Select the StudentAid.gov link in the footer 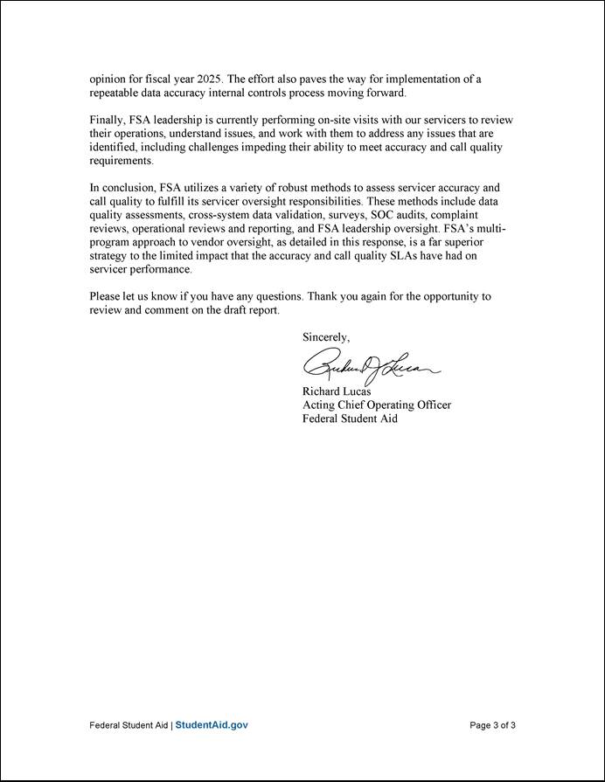point(212,725)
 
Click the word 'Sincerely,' point(326,336)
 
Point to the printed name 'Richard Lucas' point(337,391)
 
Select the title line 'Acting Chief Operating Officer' point(377,405)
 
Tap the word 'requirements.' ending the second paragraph point(122,161)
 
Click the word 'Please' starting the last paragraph point(106,297)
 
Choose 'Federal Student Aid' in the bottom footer point(129,725)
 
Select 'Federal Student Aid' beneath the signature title point(350,419)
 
